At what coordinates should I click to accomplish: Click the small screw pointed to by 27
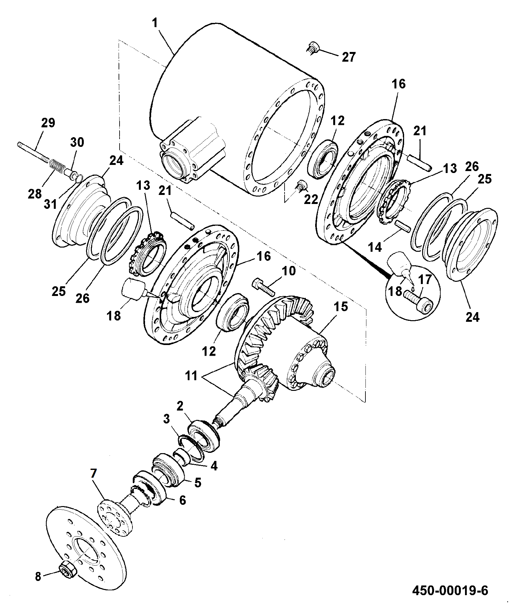click(312, 49)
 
